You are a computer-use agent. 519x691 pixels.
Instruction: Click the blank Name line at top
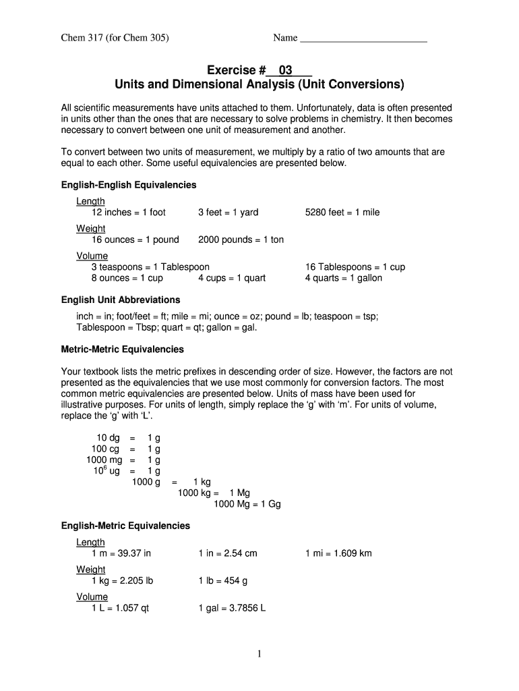pos(363,39)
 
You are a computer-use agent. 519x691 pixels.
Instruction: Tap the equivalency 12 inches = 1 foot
pos(129,213)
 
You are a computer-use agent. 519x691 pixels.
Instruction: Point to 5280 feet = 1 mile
pos(342,213)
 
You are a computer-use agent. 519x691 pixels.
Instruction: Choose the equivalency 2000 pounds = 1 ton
pos(241,240)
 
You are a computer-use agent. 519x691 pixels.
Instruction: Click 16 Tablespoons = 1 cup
pos(355,267)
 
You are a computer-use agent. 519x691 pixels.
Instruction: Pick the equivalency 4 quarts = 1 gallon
pos(343,278)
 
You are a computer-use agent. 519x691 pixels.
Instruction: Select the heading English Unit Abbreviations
pos(121,300)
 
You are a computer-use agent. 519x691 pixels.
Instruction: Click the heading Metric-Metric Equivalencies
pos(123,350)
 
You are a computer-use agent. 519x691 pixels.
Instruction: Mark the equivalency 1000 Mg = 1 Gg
pos(247,503)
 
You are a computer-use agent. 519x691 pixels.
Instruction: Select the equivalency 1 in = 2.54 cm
pos(228,553)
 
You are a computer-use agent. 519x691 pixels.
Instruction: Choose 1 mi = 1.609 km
pos(338,553)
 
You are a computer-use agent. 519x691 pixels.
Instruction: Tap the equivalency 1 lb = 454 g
pos(223,580)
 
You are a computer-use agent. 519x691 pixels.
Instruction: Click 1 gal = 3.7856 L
pos(232,608)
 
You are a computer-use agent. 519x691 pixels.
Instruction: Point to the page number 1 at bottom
pos(259,654)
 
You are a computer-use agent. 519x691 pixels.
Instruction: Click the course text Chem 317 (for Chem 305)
pos(115,38)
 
